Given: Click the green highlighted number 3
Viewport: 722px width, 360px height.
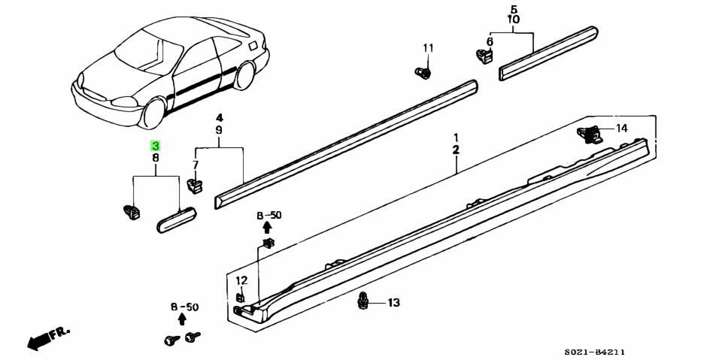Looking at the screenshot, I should (x=155, y=146).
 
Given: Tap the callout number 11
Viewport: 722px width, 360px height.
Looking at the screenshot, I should (x=428, y=48).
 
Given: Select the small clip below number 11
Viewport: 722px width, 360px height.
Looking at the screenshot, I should (x=423, y=73).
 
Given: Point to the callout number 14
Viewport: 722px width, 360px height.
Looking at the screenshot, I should (x=621, y=129).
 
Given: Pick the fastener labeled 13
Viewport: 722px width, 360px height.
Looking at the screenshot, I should (x=364, y=301).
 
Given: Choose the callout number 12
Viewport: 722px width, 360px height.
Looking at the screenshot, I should (x=241, y=280).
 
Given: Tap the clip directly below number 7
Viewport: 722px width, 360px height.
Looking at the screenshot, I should (x=195, y=183).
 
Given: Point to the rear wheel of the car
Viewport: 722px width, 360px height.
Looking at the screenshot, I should (x=245, y=75).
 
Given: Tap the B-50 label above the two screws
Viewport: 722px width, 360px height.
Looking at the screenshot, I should (x=184, y=307).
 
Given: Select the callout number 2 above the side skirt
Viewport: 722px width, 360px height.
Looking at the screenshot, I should (x=456, y=150).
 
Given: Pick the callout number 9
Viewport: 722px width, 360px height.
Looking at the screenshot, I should (x=219, y=130).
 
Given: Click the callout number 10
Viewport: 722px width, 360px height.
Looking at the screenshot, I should (x=513, y=20).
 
